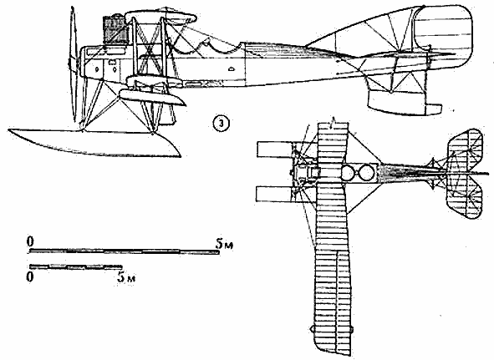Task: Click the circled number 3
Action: click(x=221, y=124)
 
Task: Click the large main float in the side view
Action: click(x=94, y=142)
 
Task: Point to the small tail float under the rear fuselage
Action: click(x=403, y=103)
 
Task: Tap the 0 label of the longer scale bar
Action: click(x=29, y=242)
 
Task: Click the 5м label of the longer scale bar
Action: click(x=224, y=243)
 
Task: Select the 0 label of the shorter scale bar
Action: click(x=30, y=277)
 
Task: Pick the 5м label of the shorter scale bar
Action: click(x=126, y=277)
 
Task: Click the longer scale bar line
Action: click(x=125, y=251)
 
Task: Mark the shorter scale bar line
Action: click(x=75, y=266)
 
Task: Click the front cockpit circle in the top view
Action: click(x=348, y=172)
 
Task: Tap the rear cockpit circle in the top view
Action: click(x=365, y=172)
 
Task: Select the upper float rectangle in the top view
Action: click(x=275, y=150)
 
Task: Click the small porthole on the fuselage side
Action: click(x=231, y=68)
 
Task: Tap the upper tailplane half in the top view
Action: click(x=465, y=149)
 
